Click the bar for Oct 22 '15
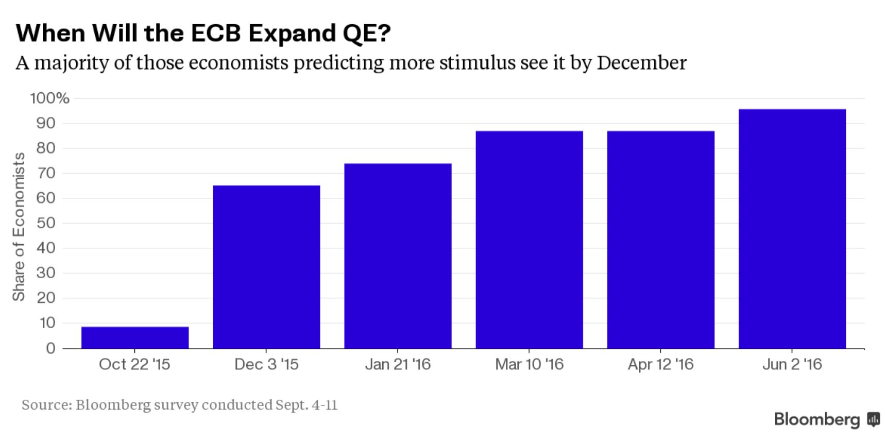tap(135, 337)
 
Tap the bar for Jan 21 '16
tap(398, 256)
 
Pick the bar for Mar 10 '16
tap(529, 240)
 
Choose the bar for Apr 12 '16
tap(660, 240)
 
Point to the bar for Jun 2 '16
tap(792, 229)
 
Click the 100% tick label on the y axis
tap(49, 98)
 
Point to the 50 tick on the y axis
tap(45, 223)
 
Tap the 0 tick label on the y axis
tap(50, 349)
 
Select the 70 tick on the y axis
tap(45, 173)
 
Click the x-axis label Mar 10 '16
tap(529, 365)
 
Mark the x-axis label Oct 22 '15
tap(134, 365)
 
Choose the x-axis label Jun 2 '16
tap(792, 365)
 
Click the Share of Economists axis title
tap(19, 226)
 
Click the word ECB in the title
tap(215, 33)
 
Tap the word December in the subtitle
tap(641, 63)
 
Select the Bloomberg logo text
tap(817, 419)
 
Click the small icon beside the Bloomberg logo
tap(873, 419)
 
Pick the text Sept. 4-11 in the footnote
tap(307, 405)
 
